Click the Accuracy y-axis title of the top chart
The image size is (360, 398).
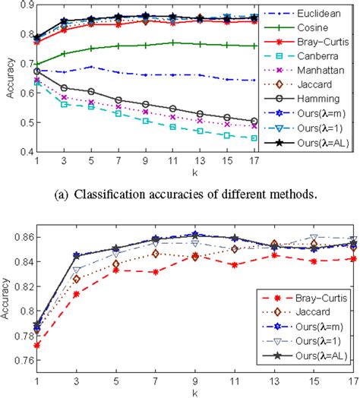(7, 80)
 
